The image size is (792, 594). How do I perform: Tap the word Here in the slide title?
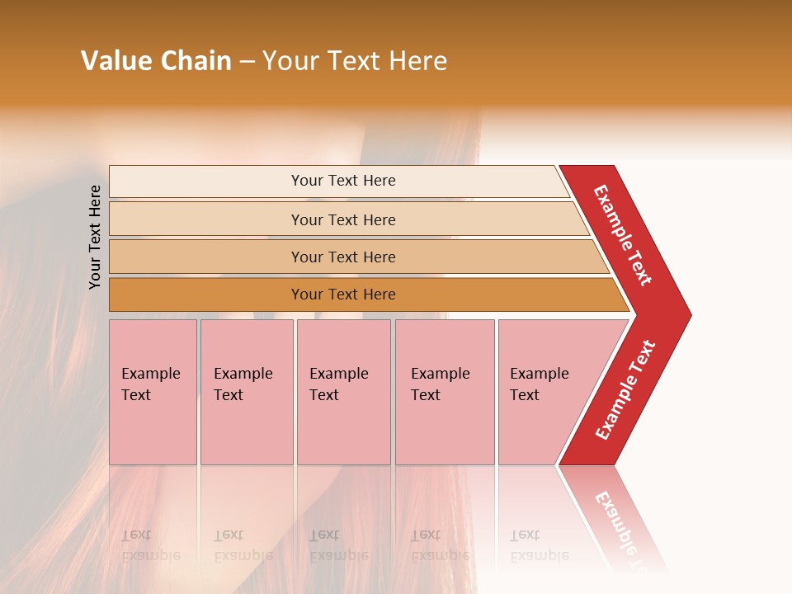417,61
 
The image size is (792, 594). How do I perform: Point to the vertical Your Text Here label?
95,237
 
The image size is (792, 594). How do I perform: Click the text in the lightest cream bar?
343,181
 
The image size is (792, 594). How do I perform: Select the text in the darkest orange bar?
343,295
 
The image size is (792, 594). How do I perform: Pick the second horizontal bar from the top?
343,219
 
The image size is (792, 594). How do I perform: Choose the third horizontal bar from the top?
343,257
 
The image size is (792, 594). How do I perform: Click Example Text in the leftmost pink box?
150,384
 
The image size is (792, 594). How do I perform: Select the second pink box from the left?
246,392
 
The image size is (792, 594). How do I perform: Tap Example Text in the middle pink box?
338,384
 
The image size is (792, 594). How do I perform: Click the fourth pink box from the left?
444,392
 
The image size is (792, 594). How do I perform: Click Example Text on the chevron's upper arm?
623,235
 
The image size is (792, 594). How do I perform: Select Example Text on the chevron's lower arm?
625,390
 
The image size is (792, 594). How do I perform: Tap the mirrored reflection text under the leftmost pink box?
150,545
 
